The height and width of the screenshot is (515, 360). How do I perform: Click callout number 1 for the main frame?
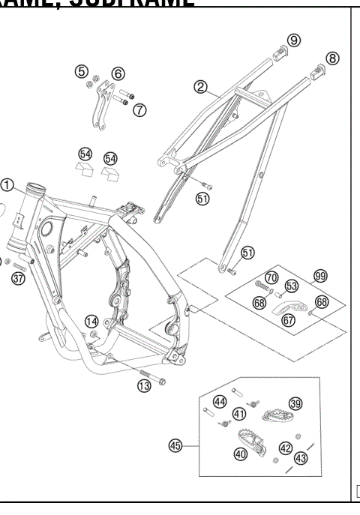pyautogui.click(x=8, y=184)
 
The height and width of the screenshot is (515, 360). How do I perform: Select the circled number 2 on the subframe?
pyautogui.click(x=200, y=87)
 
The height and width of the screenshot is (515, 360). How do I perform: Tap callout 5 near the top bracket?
pyautogui.click(x=81, y=71)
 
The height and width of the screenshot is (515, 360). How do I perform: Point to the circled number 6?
pyautogui.click(x=118, y=73)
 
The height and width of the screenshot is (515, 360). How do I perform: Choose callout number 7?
pyautogui.click(x=139, y=110)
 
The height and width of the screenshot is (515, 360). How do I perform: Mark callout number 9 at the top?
pyautogui.click(x=294, y=40)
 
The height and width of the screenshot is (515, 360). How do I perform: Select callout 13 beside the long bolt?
pyautogui.click(x=144, y=385)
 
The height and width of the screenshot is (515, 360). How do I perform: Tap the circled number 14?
pyautogui.click(x=92, y=321)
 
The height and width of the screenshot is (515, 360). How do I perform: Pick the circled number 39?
pyautogui.click(x=295, y=403)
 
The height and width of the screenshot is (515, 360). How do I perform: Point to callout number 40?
pyautogui.click(x=240, y=453)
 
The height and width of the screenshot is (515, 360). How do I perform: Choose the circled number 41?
pyautogui.click(x=239, y=413)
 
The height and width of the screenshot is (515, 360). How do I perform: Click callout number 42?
pyautogui.click(x=286, y=448)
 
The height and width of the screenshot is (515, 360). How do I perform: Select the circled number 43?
pyautogui.click(x=301, y=457)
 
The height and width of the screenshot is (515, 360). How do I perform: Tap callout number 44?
pyautogui.click(x=220, y=401)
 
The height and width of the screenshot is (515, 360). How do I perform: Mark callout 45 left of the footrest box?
pyautogui.click(x=176, y=445)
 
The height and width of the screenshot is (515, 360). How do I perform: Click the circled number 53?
pyautogui.click(x=292, y=286)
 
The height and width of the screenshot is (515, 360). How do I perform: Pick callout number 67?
pyautogui.click(x=287, y=319)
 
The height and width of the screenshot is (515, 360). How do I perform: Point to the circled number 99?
pyautogui.click(x=320, y=276)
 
